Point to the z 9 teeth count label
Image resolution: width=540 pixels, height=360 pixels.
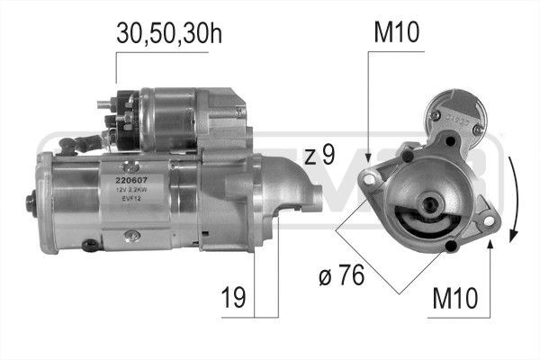pyautogui.click(x=319, y=155)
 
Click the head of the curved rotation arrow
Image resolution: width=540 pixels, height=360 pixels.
pyautogui.click(x=513, y=236)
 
